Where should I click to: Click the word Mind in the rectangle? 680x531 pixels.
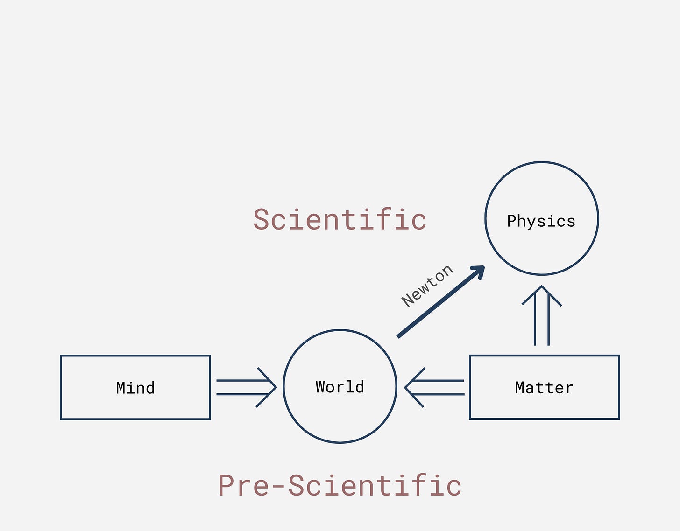[x=135, y=388]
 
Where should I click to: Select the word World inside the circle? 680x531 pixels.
[x=340, y=387]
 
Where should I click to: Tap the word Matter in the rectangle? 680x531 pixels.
[x=544, y=388]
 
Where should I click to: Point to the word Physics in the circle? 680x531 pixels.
[x=541, y=221]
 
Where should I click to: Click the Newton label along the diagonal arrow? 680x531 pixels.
[x=427, y=286]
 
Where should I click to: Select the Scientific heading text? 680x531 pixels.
[x=340, y=220]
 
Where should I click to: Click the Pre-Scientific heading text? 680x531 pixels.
[x=340, y=485]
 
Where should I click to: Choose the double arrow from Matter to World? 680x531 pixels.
[x=435, y=387]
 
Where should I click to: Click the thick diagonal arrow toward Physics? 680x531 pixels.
[x=439, y=302]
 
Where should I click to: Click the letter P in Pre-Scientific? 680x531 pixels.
[x=227, y=485]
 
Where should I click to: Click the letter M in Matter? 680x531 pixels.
[x=520, y=388]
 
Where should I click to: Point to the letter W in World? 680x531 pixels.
[x=321, y=387]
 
